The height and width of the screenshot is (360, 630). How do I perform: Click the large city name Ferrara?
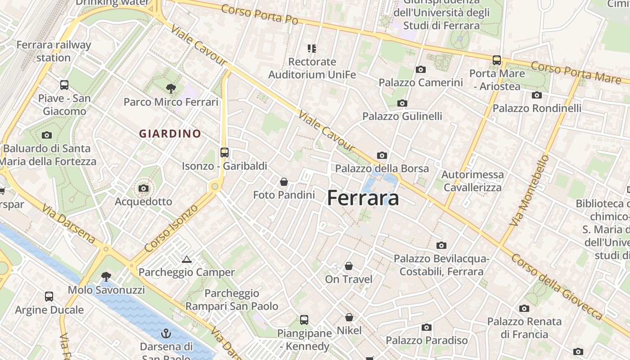(x=363, y=198)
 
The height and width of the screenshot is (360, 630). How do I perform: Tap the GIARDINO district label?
(x=170, y=134)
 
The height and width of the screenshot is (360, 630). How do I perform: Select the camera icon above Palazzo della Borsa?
(x=382, y=155)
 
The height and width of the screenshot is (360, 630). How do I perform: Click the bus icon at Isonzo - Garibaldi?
(x=225, y=152)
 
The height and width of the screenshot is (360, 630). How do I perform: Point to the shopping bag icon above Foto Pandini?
(x=284, y=182)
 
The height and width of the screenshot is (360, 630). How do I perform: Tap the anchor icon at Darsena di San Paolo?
(x=166, y=333)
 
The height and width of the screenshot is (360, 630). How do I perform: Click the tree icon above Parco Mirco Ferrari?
(x=171, y=88)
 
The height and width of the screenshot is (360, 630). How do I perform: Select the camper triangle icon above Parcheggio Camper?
(x=186, y=259)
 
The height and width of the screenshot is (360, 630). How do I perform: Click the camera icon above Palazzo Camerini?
(x=421, y=69)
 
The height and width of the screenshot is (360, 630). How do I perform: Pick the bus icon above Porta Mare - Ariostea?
(x=497, y=60)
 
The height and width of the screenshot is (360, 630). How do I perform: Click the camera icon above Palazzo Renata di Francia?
(x=524, y=308)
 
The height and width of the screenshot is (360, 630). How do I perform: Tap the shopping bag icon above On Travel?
(x=349, y=266)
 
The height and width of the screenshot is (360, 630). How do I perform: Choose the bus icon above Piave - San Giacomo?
(x=64, y=85)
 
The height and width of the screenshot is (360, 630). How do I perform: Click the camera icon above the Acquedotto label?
(x=144, y=188)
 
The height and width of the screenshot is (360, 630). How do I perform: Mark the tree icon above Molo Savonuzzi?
(x=106, y=276)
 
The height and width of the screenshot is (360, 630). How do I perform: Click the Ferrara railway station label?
(x=54, y=51)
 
